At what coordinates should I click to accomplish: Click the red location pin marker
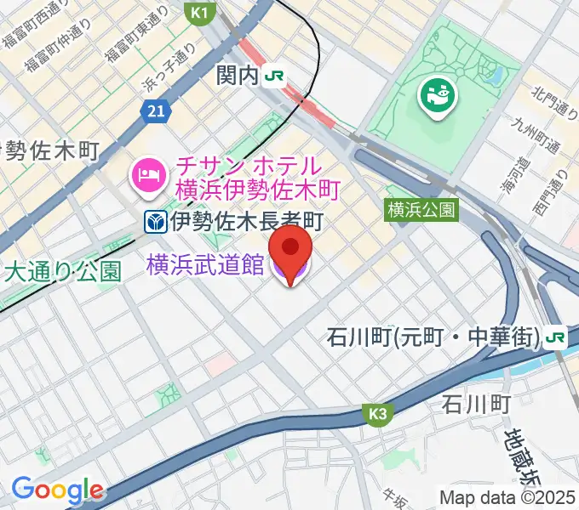click(290, 248)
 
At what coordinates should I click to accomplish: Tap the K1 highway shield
click(199, 13)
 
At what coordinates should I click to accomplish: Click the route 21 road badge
click(154, 110)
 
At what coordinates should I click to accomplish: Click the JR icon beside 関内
click(274, 76)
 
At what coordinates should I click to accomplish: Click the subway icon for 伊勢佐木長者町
click(154, 223)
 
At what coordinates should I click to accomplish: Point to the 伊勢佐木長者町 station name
click(246, 223)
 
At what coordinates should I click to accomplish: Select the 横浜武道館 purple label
click(204, 265)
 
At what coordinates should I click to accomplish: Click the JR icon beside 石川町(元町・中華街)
click(556, 337)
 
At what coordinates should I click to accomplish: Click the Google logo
click(56, 490)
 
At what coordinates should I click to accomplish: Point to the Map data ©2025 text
click(507, 497)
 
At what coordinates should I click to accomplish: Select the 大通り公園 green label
click(64, 272)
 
